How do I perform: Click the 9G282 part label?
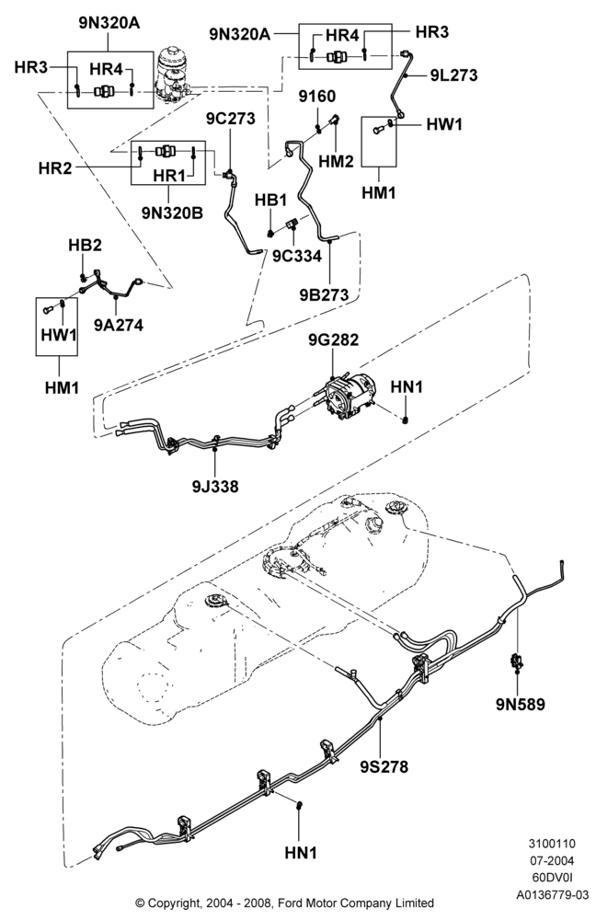tap(333, 339)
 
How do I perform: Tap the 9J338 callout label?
tap(214, 486)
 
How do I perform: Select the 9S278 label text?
tap(384, 766)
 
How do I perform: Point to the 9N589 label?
tap(521, 704)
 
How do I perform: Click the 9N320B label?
tap(172, 213)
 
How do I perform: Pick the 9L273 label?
tap(453, 75)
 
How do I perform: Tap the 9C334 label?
tap(297, 256)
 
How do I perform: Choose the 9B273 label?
tap(325, 294)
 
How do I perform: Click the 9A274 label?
tap(119, 325)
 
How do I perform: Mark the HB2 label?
tap(85, 246)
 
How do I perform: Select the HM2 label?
tap(336, 161)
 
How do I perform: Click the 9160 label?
tap(317, 97)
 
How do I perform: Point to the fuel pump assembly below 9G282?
tap(348, 396)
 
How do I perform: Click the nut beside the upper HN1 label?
tap(406, 420)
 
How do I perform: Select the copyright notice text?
tap(285, 903)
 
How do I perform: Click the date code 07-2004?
tap(552, 861)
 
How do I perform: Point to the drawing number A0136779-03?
tap(552, 895)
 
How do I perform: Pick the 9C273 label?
tap(231, 119)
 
